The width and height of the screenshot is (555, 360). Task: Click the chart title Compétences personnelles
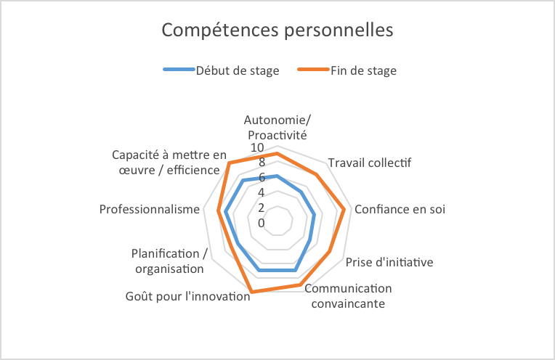pyautogui.click(x=277, y=30)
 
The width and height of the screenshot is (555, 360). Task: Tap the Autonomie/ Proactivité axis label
pyautogui.click(x=277, y=127)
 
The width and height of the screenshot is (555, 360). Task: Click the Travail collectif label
pyautogui.click(x=369, y=163)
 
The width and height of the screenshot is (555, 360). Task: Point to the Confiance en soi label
pyautogui.click(x=400, y=209)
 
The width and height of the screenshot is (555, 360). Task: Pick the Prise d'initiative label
pyautogui.click(x=389, y=262)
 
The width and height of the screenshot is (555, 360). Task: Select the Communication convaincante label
pyautogui.click(x=348, y=295)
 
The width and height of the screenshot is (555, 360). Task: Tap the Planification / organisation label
pyautogui.click(x=169, y=261)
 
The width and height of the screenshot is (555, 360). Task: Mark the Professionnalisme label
pyautogui.click(x=149, y=209)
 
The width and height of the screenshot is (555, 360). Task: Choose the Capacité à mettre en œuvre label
pyautogui.click(x=169, y=163)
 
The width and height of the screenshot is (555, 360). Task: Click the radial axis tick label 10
pyautogui.click(x=257, y=148)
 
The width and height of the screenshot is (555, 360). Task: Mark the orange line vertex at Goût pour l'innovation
pyautogui.click(x=251, y=292)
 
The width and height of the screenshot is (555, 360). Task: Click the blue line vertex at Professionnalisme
pyautogui.click(x=226, y=213)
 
